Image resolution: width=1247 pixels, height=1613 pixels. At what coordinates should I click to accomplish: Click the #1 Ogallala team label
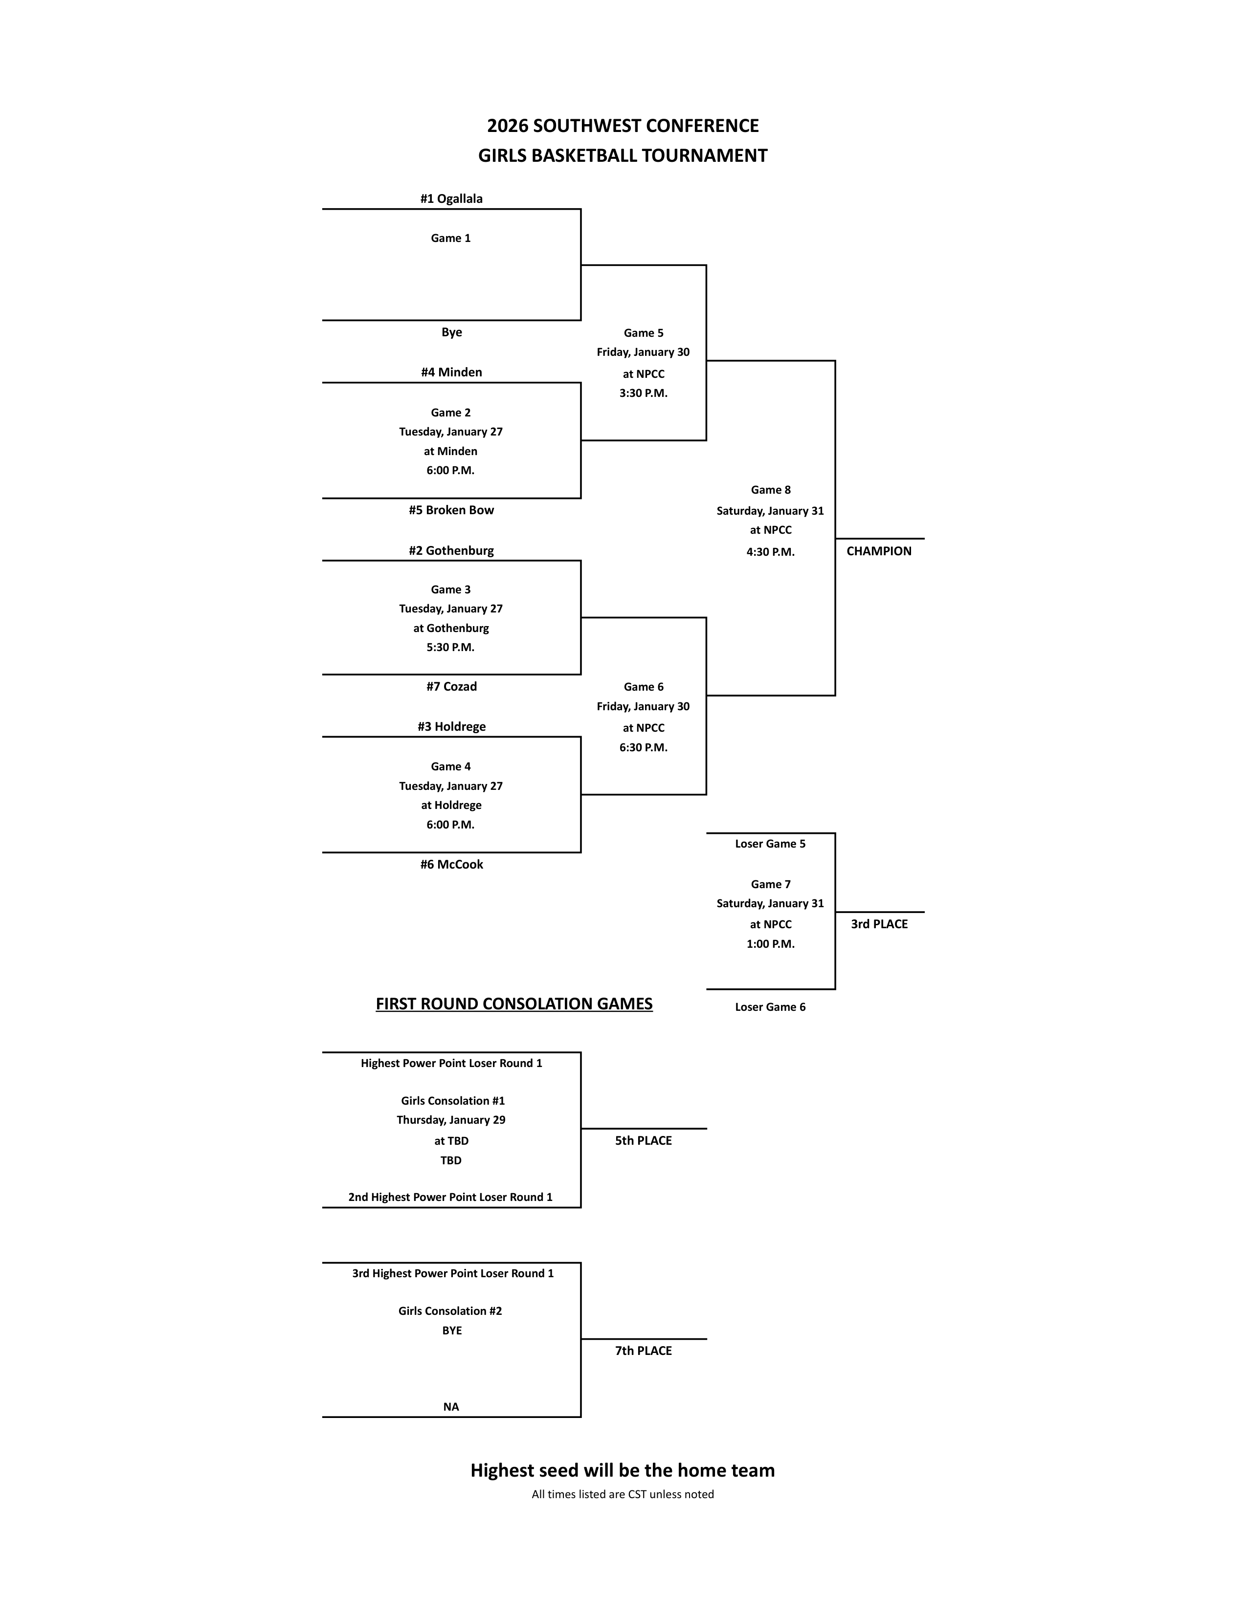point(451,198)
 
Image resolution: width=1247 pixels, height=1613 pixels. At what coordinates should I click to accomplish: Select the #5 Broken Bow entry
point(451,510)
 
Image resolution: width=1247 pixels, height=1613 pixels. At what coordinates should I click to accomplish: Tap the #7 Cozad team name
point(451,687)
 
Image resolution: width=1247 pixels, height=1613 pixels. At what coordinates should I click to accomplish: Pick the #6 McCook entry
point(451,865)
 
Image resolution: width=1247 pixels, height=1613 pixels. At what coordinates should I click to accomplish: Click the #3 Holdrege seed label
point(451,727)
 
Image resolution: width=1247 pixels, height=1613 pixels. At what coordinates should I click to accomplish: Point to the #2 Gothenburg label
point(451,551)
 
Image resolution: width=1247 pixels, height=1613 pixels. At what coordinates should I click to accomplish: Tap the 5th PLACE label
point(643,1140)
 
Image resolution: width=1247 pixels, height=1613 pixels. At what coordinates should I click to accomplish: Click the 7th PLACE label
point(643,1351)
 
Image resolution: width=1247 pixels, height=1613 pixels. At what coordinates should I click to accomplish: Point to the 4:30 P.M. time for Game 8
point(770,552)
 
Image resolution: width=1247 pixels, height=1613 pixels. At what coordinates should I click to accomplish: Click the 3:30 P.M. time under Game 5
point(643,393)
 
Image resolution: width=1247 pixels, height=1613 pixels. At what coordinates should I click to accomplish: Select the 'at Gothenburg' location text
point(451,629)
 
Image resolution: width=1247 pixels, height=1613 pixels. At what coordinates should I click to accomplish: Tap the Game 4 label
point(451,766)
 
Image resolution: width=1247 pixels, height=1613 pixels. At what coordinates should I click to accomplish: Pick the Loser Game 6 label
point(770,1007)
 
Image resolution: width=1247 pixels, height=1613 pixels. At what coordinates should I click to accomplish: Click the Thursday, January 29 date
point(451,1120)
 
